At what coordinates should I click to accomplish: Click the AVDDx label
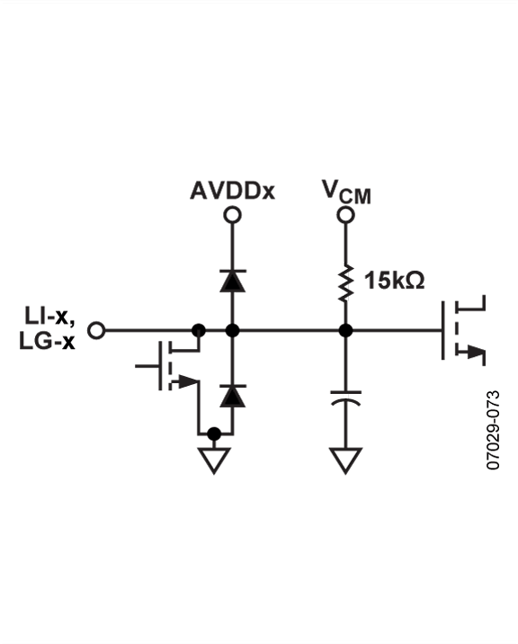click(232, 191)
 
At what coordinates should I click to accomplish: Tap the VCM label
click(346, 192)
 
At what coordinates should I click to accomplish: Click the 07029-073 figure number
click(493, 430)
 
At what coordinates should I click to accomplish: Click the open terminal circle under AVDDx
click(232, 215)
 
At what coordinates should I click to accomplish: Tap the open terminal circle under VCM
click(345, 215)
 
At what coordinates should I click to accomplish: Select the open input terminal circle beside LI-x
click(97, 330)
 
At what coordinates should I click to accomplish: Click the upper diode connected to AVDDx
click(232, 280)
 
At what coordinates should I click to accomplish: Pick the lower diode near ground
click(232, 395)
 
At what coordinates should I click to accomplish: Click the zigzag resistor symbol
click(345, 280)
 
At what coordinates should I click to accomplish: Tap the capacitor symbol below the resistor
click(345, 398)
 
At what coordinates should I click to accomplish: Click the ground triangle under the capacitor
click(345, 461)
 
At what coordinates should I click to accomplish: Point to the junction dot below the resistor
click(345, 330)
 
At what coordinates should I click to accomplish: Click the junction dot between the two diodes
click(232, 330)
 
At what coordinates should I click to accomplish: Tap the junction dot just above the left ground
click(214, 434)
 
